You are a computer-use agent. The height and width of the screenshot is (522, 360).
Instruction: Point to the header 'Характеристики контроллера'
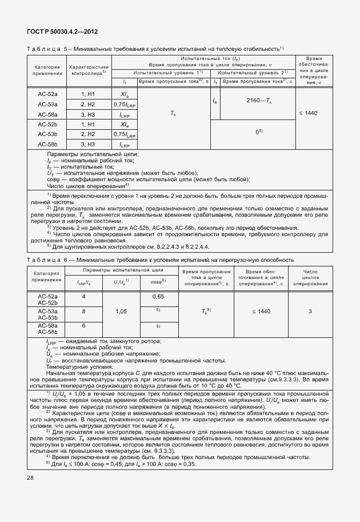click(89, 70)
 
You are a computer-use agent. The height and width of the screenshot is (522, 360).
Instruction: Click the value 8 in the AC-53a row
click(84, 311)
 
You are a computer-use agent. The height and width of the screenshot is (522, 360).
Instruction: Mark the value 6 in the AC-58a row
click(84, 325)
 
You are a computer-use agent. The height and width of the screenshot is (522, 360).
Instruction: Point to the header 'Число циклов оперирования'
click(310, 277)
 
